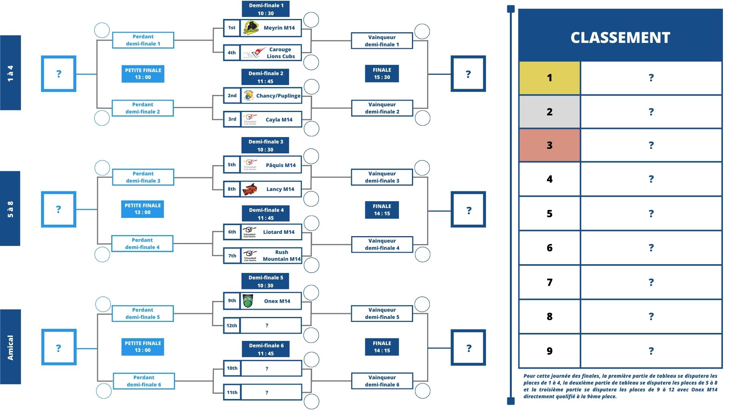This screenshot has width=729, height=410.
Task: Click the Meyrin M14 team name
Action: click(x=279, y=28)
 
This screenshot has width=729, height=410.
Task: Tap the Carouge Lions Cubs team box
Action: click(x=263, y=53)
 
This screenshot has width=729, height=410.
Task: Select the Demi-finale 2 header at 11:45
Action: click(x=265, y=77)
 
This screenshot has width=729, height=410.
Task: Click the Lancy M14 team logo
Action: click(x=250, y=189)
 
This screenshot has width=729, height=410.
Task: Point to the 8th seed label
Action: click(x=232, y=189)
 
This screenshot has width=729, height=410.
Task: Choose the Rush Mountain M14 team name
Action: click(x=281, y=255)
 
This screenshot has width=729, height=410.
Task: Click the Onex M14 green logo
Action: click(x=248, y=301)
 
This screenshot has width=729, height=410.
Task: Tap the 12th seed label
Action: click(x=232, y=325)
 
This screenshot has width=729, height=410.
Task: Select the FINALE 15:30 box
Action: click(x=382, y=74)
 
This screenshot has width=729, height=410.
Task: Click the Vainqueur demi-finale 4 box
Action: click(x=382, y=244)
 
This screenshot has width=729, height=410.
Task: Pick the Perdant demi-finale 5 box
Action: click(x=143, y=314)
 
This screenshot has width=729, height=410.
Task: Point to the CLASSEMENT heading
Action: click(x=620, y=37)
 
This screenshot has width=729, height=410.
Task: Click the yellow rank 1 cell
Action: click(x=549, y=78)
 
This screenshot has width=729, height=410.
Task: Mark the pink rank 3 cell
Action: click(x=549, y=145)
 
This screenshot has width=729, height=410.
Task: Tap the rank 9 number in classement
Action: click(x=549, y=351)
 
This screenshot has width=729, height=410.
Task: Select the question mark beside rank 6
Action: click(x=651, y=248)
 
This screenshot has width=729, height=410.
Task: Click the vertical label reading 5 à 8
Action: click(x=10, y=209)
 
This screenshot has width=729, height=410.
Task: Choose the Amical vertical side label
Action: click(x=10, y=347)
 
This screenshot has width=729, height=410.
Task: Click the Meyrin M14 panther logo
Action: click(x=251, y=28)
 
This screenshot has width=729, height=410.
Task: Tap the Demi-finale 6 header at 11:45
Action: click(x=266, y=349)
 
